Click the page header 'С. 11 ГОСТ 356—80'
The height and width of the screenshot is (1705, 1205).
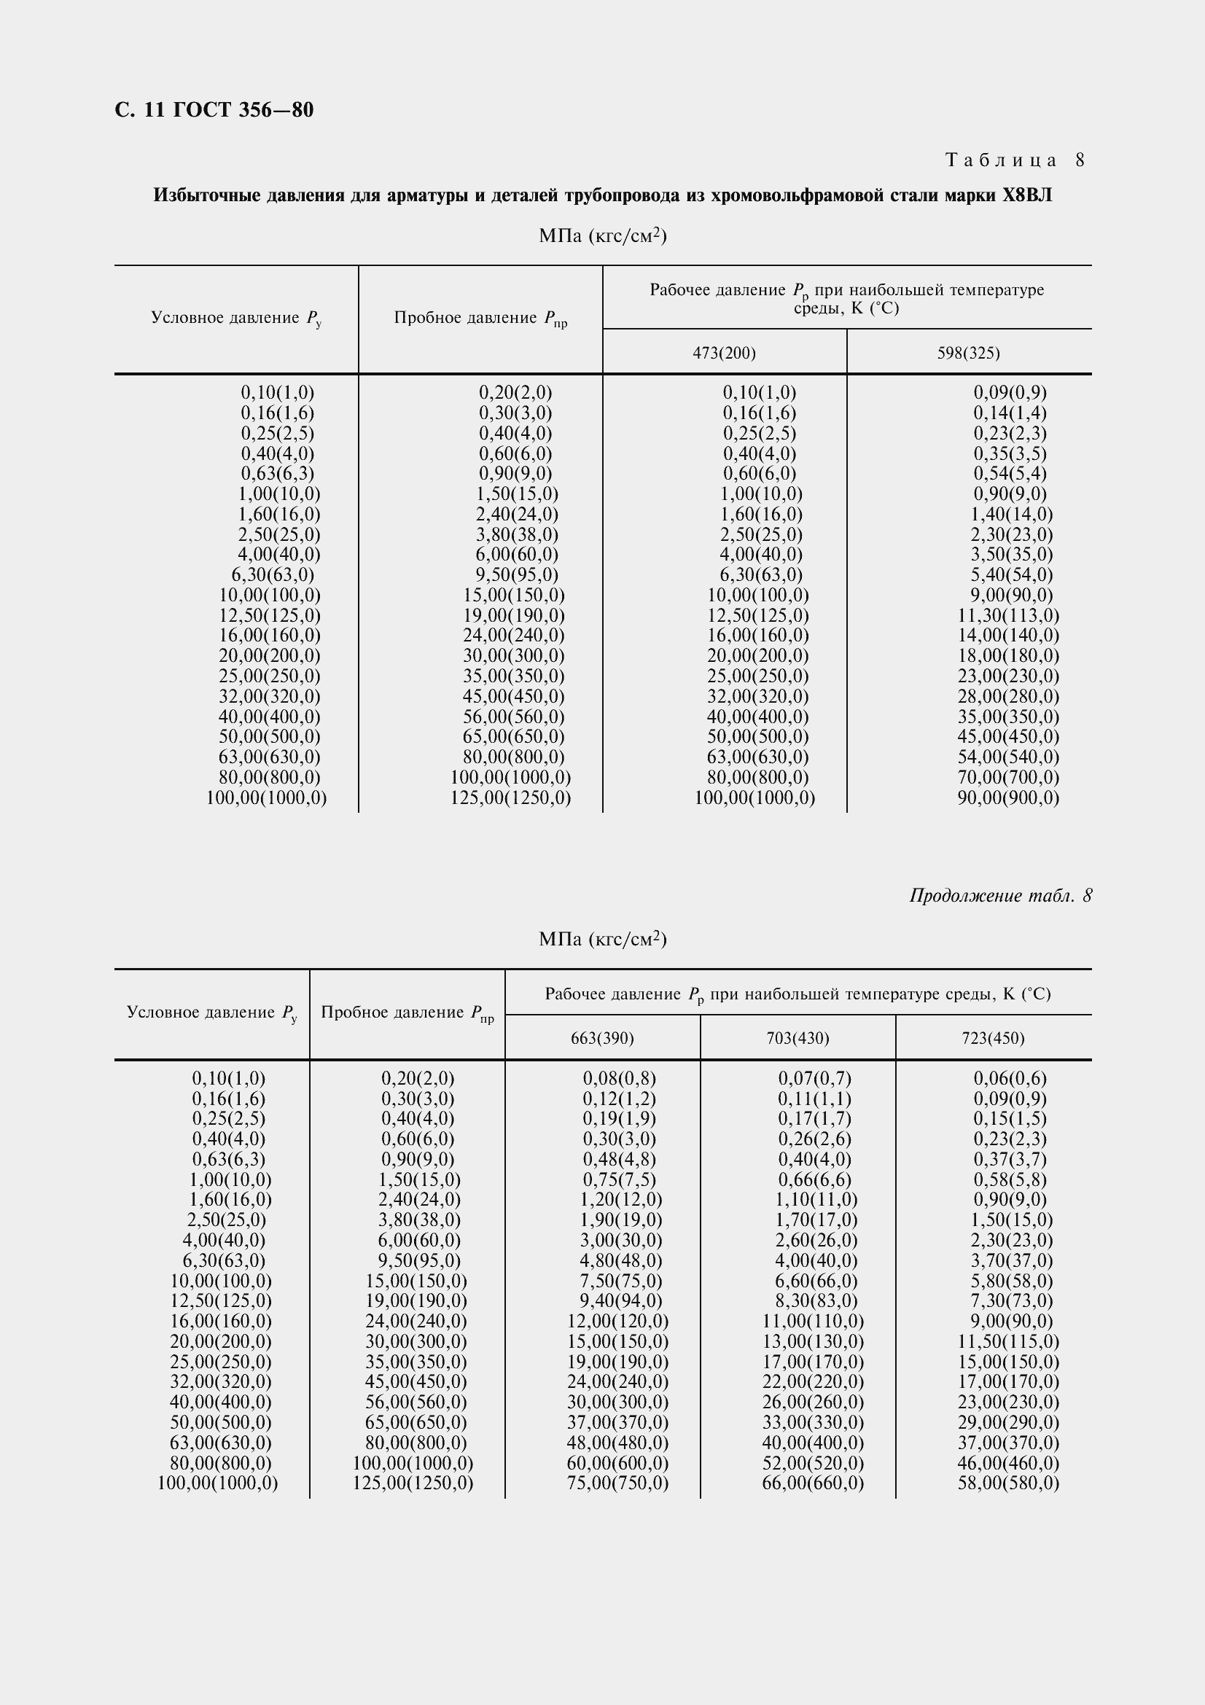point(214,110)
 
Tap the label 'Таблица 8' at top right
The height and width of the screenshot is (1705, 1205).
point(1014,160)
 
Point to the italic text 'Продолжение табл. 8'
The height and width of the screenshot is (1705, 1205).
point(1000,896)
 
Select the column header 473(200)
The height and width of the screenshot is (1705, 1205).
point(724,353)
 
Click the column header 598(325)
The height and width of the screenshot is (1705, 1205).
point(968,353)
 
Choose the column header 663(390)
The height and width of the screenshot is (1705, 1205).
point(602,1038)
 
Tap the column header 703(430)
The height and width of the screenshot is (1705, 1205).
point(798,1038)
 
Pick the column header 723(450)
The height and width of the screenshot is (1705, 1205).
point(993,1038)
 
